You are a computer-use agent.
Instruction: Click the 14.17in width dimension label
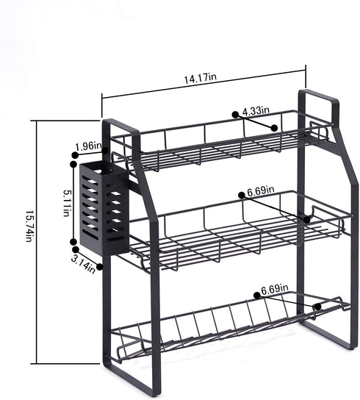[201, 78]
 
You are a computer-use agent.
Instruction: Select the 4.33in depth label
[256, 111]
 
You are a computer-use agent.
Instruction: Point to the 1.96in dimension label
[88, 146]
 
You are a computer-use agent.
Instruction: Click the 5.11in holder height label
[66, 203]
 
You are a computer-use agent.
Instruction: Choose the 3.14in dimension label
[83, 264]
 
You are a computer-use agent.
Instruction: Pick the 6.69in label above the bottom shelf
[274, 289]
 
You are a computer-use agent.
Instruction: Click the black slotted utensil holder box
[104, 208]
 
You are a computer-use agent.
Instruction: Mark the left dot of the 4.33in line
[235, 115]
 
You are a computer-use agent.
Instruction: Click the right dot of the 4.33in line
[274, 128]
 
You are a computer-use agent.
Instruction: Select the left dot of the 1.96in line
[75, 155]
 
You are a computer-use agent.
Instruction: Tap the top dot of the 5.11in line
[73, 164]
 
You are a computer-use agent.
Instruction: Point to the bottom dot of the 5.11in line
[73, 242]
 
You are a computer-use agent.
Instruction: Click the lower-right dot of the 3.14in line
[99, 267]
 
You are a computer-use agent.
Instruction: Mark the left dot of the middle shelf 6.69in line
[242, 195]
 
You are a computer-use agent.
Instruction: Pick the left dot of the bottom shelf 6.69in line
[257, 295]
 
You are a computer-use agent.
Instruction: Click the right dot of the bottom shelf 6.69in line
[317, 307]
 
